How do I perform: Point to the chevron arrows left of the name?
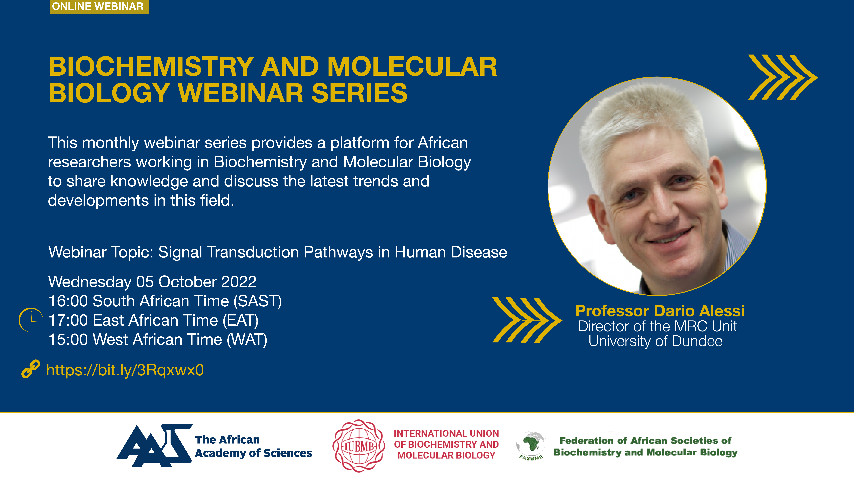tap(527, 320)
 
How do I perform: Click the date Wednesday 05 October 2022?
tap(152, 282)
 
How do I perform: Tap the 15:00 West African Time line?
tap(158, 340)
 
